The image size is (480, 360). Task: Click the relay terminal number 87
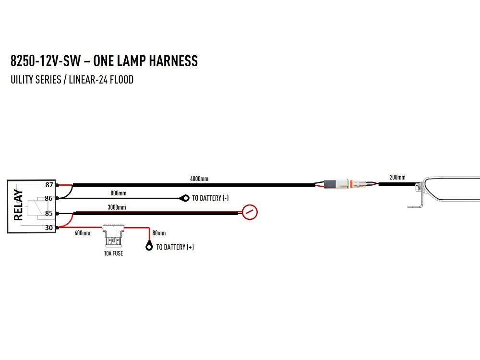[49, 185]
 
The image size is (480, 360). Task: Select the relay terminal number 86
[49, 198]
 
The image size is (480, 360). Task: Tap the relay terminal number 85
[49, 213]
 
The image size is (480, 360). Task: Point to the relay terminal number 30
[49, 228]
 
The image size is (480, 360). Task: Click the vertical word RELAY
[18, 205]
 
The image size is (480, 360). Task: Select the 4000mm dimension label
[199, 179]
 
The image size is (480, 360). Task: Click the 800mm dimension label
[119, 193]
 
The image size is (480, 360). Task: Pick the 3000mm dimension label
[117, 207]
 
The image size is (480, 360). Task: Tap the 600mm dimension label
[82, 233]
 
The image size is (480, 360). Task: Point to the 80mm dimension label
[159, 233]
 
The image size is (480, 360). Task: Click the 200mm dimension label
[397, 178]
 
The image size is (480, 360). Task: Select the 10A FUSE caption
[113, 253]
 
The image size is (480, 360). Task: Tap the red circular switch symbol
[250, 212]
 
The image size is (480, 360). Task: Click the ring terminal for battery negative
[184, 198]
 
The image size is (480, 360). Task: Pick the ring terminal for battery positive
[149, 247]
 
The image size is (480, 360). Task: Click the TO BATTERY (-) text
[210, 198]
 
